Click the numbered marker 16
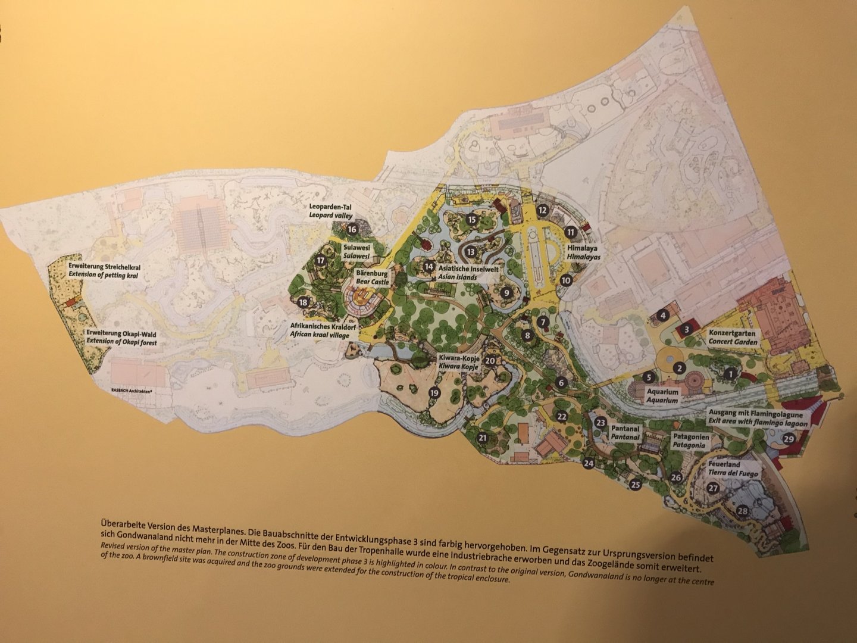coord(352,229)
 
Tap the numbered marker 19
coord(434,392)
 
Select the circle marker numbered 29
coord(789,439)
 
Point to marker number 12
coord(542,210)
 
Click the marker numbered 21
coord(483,439)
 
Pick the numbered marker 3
coord(686,328)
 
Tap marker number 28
coord(742,511)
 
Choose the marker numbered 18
coord(304,302)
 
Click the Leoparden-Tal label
coord(331,211)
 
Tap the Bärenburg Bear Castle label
coord(372,277)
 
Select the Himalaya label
coord(582,251)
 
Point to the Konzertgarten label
coord(733,338)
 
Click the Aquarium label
coord(662,397)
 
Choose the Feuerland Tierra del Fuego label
coord(733,468)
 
